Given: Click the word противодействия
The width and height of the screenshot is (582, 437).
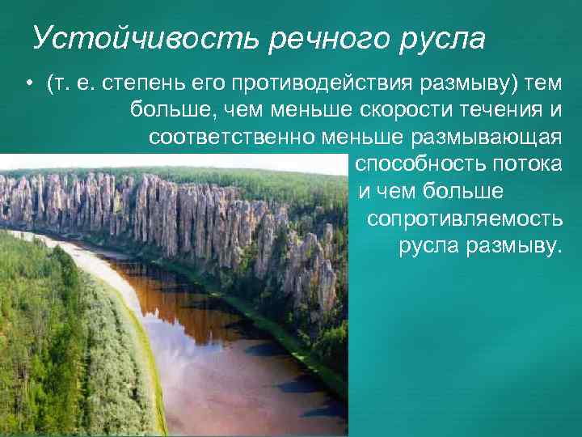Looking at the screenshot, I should point(307,85).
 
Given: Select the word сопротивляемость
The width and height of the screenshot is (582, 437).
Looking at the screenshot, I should point(465,218).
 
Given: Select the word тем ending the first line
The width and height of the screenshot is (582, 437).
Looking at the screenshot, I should point(543,85).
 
